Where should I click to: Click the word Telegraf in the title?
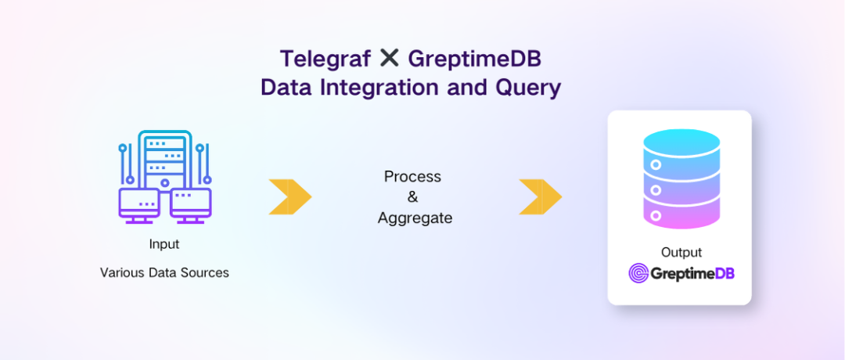tap(325, 59)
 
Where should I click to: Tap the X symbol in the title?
tap(389, 58)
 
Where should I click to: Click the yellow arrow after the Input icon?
tap(290, 196)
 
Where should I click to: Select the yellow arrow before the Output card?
tap(540, 196)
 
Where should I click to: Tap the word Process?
tap(413, 177)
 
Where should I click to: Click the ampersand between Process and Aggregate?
tap(413, 197)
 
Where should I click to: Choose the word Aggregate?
tap(415, 218)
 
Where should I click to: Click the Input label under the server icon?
tap(164, 245)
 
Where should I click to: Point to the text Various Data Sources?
tap(164, 272)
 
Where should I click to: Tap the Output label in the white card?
tap(681, 252)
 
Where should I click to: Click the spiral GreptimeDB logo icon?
tap(638, 273)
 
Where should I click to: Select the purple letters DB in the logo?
tap(725, 274)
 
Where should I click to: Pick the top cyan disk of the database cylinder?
tap(681, 145)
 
